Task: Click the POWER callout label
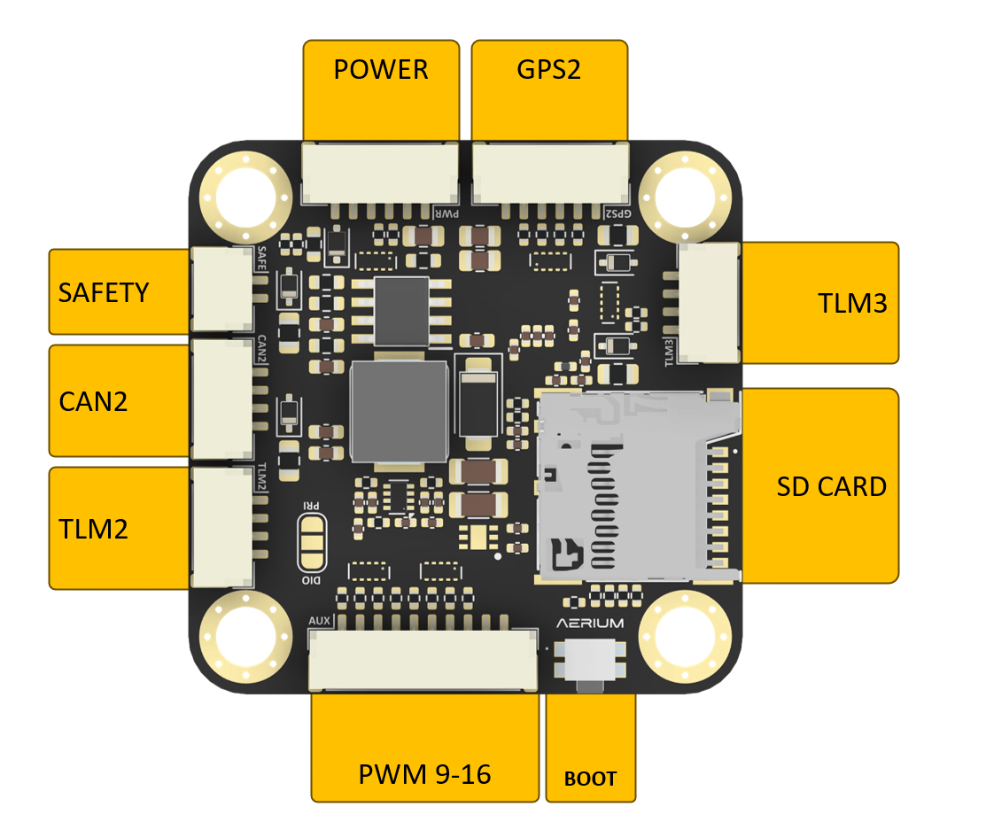(381, 70)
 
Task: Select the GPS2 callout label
(549, 70)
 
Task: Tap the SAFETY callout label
(104, 293)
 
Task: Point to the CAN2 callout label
(93, 401)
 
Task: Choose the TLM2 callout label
(93, 530)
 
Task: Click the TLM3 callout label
(853, 304)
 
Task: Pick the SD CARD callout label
(831, 487)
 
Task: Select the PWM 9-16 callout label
(424, 774)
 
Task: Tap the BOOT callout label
(590, 779)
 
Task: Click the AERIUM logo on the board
(590, 623)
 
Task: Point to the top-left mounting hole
(246, 198)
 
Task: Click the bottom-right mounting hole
(685, 637)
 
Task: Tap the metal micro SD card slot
(637, 485)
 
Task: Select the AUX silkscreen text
(320, 621)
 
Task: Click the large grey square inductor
(400, 412)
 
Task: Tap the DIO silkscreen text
(311, 580)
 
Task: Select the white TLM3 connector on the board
(708, 303)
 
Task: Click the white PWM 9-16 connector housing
(423, 660)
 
